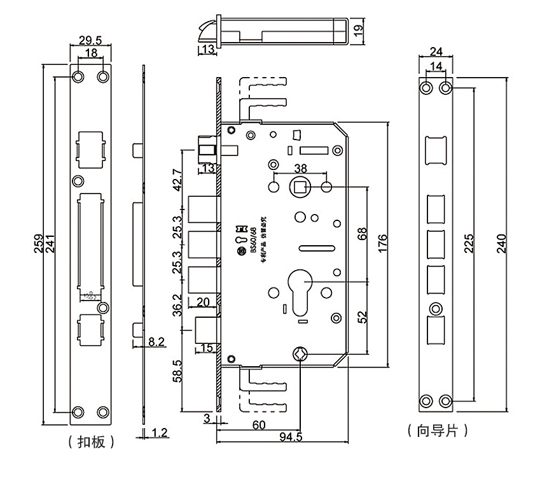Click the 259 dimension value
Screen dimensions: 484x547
[39, 244]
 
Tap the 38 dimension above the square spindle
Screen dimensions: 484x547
[300, 168]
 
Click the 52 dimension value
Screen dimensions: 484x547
[363, 317]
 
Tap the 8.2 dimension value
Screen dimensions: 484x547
[156, 342]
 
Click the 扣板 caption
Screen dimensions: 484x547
[90, 441]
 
